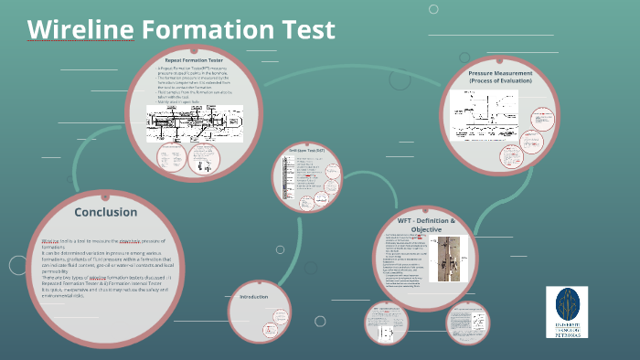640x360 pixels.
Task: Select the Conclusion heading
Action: pos(106,212)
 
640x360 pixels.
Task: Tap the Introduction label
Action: pos(255,297)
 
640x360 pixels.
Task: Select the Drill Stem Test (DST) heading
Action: pos(306,149)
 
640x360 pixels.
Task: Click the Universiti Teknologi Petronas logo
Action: pos(567,312)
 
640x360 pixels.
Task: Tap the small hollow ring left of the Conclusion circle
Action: pos(17,266)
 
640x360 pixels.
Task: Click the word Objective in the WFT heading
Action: pos(425,231)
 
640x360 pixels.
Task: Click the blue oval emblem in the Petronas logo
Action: pos(567,303)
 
